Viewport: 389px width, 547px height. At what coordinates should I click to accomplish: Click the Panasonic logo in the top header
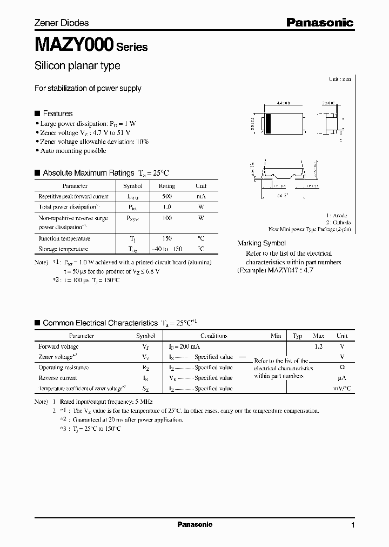(319, 23)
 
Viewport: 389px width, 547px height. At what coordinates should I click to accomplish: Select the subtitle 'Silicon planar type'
(77, 66)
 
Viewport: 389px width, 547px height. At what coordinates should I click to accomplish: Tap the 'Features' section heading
(57, 114)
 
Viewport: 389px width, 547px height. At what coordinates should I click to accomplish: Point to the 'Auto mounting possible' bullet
(73, 151)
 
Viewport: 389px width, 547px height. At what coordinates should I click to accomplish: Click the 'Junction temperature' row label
(64, 238)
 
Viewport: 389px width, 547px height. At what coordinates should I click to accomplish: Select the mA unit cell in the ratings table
(200, 196)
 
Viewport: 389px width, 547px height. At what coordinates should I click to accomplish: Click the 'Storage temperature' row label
(63, 249)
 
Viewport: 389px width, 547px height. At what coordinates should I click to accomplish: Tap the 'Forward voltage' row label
(58, 346)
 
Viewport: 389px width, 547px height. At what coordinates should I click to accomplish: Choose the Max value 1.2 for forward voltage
(318, 346)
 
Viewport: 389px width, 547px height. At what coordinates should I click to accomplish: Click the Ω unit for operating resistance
(341, 368)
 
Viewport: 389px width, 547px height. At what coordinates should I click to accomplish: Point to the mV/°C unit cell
(341, 388)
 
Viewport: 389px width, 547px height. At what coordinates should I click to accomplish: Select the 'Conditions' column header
(213, 336)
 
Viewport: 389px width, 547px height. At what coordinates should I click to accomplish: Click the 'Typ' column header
(297, 336)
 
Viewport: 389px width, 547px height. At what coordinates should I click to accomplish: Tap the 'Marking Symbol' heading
(262, 243)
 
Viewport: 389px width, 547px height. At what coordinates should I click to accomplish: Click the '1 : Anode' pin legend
(338, 215)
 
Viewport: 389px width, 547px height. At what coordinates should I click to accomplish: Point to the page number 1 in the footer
(353, 525)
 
